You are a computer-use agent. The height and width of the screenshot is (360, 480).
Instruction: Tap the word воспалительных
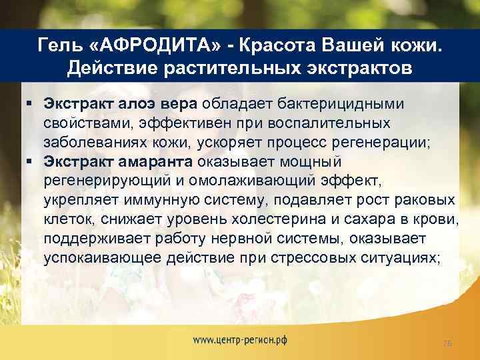(x=342, y=123)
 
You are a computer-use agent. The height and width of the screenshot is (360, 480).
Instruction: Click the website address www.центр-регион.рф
(x=240, y=340)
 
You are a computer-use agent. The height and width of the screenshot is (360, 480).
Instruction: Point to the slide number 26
(x=447, y=343)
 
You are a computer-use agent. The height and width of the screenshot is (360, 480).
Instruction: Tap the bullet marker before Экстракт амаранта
(x=31, y=161)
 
